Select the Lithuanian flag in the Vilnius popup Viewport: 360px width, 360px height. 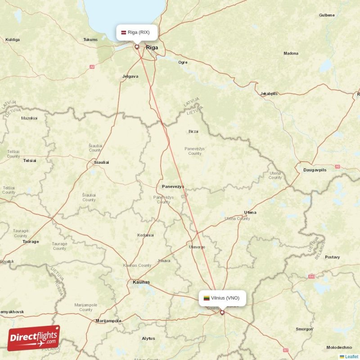tap(207, 298)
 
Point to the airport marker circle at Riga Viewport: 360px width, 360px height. tap(137, 46)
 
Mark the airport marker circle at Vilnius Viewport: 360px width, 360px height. tap(222, 312)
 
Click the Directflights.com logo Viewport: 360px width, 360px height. tap(34, 338)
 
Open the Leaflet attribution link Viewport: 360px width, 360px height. tap(351, 356)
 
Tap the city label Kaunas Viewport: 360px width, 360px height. tap(141, 282)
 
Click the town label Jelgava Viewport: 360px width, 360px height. tap(130, 76)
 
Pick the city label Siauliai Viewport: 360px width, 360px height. tap(101, 162)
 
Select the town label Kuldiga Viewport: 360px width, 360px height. tap(12, 40)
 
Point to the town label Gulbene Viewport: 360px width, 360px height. tap(327, 15)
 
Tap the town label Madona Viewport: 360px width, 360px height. tap(291, 54)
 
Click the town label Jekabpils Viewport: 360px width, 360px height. tap(269, 94)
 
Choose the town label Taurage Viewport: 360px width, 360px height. tap(31, 242)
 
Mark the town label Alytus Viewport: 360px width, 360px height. tap(148, 338)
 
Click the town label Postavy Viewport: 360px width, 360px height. tap(332, 257)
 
